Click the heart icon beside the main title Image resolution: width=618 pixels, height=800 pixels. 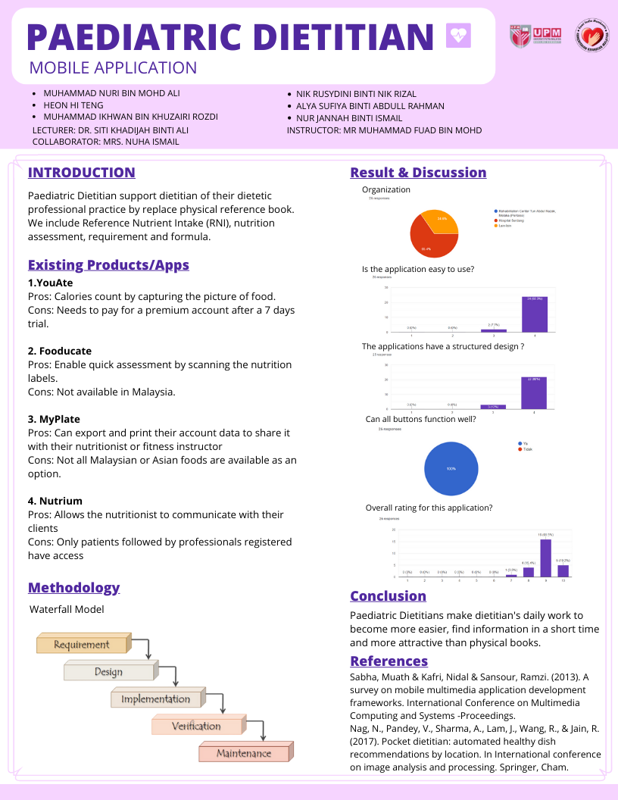458,35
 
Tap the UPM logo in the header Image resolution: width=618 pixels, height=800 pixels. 537,33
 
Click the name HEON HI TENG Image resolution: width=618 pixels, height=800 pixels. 73,105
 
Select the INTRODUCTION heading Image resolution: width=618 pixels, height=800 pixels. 82,173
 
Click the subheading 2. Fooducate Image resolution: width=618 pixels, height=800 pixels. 60,351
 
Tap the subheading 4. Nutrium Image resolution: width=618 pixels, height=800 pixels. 55,501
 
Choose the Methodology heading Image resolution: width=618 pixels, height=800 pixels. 73,588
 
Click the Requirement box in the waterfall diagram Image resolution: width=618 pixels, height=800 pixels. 82,645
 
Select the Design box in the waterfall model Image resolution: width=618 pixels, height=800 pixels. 108,671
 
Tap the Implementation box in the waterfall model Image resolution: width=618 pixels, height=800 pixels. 156,698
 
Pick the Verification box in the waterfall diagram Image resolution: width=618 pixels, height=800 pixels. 196,726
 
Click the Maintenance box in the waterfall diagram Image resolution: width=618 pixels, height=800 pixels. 243,753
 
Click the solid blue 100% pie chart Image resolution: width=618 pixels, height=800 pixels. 451,469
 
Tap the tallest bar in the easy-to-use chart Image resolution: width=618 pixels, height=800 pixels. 535,314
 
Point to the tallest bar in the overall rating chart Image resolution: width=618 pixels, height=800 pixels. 545,558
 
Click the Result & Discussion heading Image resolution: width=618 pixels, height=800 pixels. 418,173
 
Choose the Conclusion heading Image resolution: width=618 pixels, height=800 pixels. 388,596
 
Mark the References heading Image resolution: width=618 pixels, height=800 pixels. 389,661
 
